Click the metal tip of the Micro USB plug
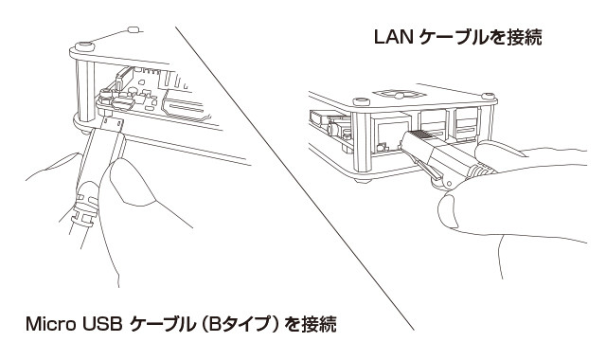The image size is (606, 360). pos(113,124)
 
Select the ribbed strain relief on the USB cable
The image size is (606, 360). pos(84,205)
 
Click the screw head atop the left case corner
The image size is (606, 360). pos(84,46)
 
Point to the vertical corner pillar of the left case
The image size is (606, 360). pos(85,91)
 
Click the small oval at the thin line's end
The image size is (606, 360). pos(134,29)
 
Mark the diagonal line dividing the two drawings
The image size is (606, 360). pos(294,178)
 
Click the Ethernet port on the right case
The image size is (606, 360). pos(389,134)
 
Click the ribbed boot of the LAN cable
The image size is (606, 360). pos(482,171)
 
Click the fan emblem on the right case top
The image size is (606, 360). pos(397,95)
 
